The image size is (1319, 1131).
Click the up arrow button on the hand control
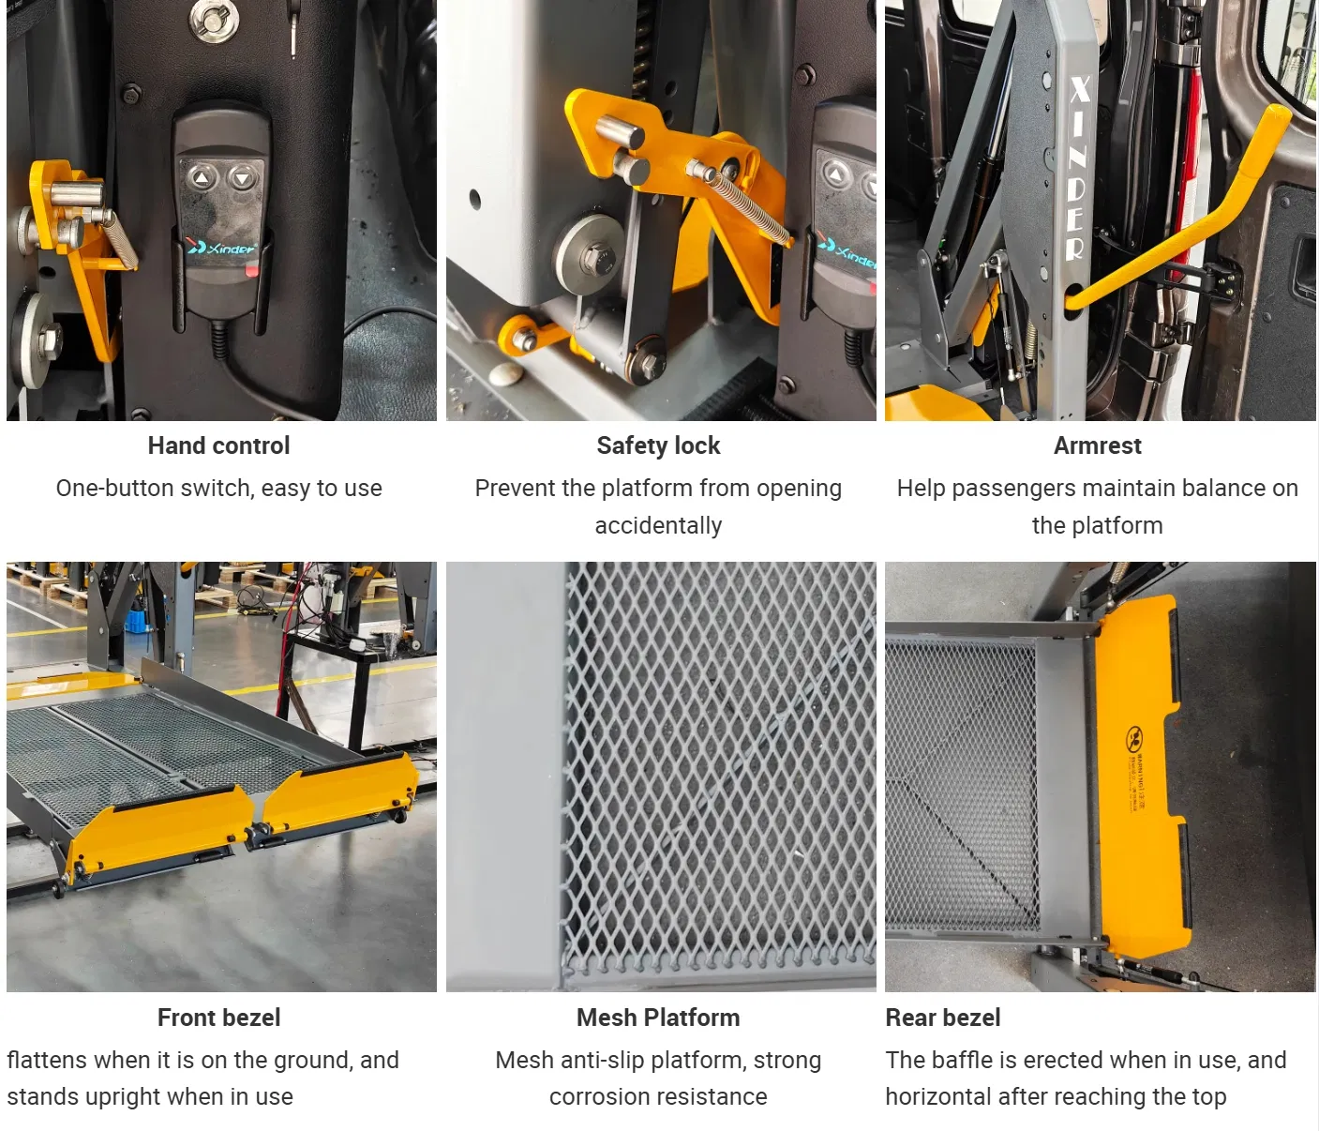(x=202, y=177)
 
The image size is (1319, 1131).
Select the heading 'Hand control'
(x=218, y=445)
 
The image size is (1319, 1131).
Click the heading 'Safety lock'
(x=658, y=445)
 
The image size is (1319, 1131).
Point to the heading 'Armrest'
(x=1097, y=445)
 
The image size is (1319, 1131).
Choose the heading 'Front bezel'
(x=218, y=1018)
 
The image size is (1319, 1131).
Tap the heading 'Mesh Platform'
(x=658, y=1018)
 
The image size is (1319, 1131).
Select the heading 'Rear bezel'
(x=942, y=1018)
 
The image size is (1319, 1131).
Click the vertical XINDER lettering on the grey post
(x=1077, y=169)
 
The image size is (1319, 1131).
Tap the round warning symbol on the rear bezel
(x=1134, y=739)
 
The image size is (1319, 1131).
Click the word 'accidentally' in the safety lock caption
(x=658, y=525)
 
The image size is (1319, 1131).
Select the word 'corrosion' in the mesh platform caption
(x=597, y=1096)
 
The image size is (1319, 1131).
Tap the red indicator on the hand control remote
(x=251, y=271)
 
